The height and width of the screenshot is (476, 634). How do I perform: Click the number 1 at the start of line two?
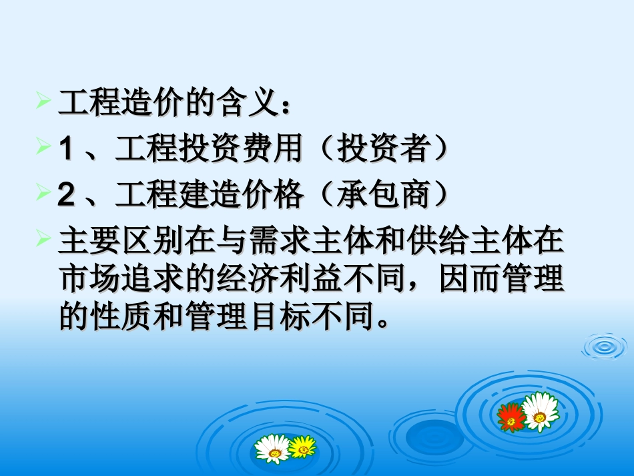[x=65, y=149]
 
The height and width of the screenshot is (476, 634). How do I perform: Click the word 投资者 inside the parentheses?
[x=382, y=149]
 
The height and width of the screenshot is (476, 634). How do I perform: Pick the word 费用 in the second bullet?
[x=273, y=149]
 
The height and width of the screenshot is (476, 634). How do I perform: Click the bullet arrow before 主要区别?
[x=43, y=237]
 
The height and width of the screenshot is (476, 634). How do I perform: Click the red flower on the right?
[x=511, y=417]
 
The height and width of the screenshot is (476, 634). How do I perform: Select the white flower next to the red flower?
[x=540, y=411]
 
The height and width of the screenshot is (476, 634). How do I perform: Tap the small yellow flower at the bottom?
[x=302, y=446]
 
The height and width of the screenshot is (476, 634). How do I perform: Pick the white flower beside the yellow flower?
[x=274, y=448]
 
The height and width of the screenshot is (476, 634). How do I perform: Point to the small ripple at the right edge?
[x=605, y=346]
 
